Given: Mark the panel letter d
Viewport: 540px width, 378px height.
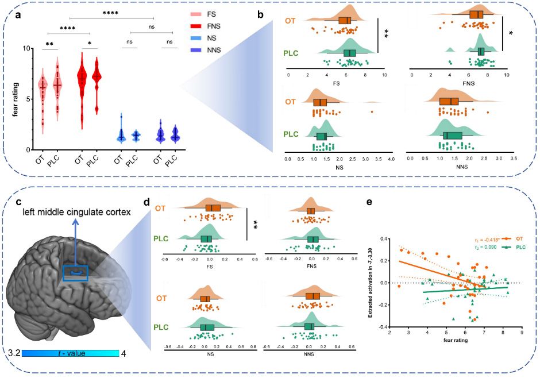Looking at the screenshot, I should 146,202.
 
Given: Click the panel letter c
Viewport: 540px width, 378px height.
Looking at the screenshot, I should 19,202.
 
